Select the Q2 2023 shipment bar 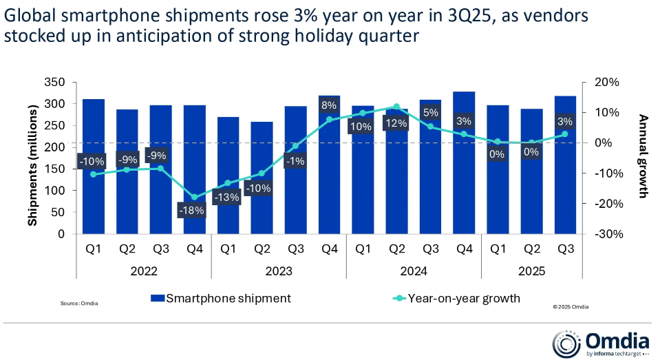point(262,207)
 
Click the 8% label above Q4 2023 point(329,105)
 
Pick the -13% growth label point(228,198)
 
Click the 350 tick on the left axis point(54,83)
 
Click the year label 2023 point(279,271)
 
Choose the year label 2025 point(531,271)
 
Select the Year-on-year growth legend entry point(458,298)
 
